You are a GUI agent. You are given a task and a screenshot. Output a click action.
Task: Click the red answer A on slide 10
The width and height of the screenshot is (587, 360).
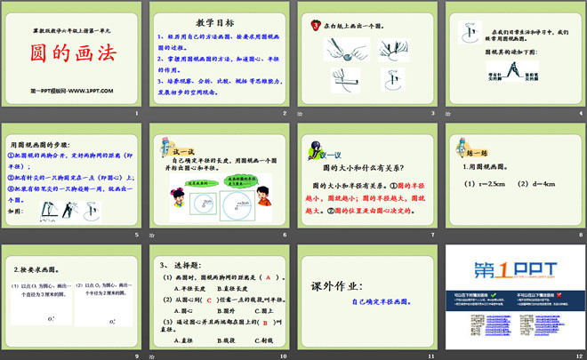(266, 278)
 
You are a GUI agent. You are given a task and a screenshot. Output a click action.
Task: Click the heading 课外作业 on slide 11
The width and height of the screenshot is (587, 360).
(336, 286)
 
